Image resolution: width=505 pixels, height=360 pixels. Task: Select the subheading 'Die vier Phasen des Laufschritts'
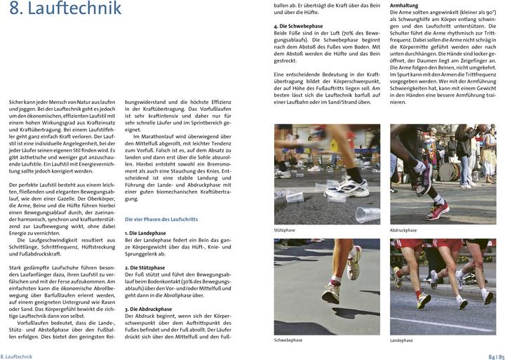click(161, 219)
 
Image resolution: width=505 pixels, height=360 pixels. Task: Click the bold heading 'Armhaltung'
click(405, 5)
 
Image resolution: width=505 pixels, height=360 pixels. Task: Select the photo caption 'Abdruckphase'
click(403, 229)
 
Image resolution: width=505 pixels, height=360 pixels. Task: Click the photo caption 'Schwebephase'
click(288, 340)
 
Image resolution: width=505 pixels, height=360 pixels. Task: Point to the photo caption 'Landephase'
click(402, 340)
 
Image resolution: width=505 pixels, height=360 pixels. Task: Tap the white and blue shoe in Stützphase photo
click(344, 187)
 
